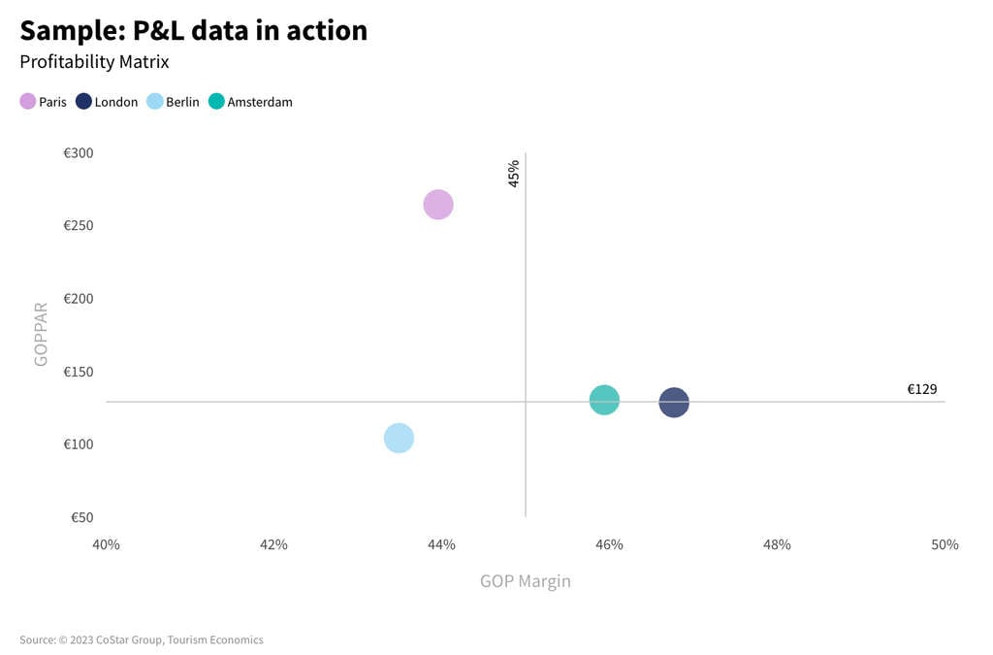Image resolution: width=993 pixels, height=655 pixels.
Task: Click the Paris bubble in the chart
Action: click(438, 205)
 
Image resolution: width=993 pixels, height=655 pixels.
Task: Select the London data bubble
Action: click(674, 402)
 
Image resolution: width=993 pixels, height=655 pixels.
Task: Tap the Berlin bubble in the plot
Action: click(399, 439)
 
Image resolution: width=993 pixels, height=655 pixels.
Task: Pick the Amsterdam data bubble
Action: click(604, 400)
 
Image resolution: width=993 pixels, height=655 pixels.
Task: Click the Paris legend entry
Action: click(44, 102)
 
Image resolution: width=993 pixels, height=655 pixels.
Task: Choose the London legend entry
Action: click(107, 102)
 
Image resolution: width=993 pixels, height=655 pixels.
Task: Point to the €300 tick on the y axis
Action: click(79, 153)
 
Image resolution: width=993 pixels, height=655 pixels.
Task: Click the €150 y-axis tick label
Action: click(79, 372)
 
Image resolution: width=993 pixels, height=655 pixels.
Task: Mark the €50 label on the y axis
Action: click(81, 517)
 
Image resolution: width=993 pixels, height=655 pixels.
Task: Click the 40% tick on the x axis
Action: click(106, 545)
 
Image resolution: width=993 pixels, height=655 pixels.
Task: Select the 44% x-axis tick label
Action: click(441, 545)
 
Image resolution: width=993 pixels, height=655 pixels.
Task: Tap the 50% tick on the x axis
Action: click(945, 545)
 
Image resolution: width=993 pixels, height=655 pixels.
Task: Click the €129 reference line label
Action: click(921, 389)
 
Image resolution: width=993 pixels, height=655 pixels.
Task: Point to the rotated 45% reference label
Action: click(514, 174)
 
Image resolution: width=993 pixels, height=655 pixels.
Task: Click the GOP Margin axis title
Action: click(525, 581)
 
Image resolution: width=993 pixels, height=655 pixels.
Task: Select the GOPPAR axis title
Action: click(41, 335)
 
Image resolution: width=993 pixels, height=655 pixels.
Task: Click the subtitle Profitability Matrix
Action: click(94, 62)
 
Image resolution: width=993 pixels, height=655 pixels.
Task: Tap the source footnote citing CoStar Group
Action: click(142, 640)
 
